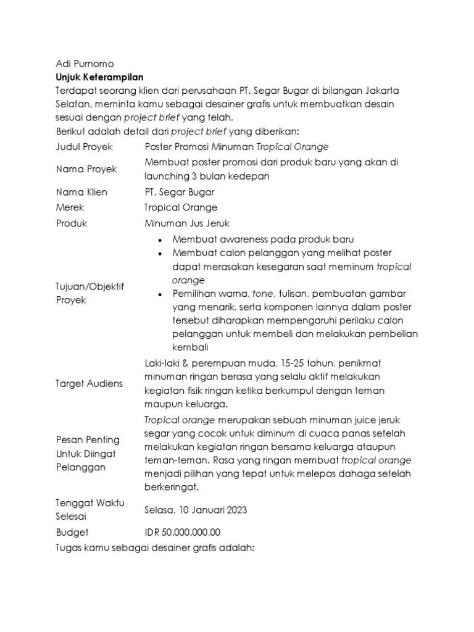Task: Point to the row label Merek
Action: (x=70, y=208)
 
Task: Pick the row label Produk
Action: (x=72, y=223)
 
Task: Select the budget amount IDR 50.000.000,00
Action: (x=182, y=532)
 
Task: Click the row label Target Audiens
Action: (x=89, y=383)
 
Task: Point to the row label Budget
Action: (x=72, y=532)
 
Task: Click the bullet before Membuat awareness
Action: (x=160, y=239)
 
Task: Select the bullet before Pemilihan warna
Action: (x=160, y=294)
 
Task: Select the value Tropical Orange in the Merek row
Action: (x=181, y=208)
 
